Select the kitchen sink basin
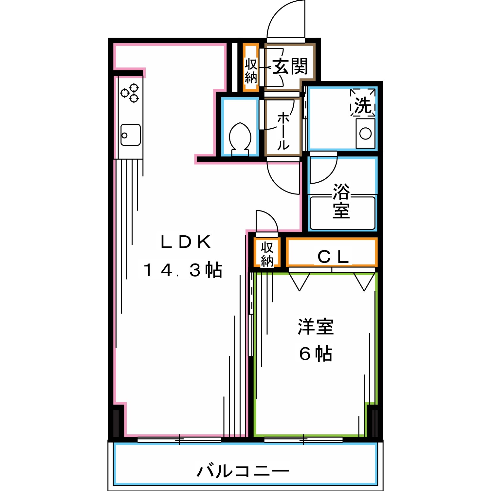pos(130,135)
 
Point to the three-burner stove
pos(130,93)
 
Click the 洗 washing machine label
pos(363,106)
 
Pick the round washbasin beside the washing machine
pos(365,133)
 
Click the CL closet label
pos(333,257)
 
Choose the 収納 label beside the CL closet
pos(267,254)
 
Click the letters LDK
pos(186,242)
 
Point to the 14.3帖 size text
pos(183,270)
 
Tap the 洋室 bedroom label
pos(316,327)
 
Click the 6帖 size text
pos(316,354)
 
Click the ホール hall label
pos(283,131)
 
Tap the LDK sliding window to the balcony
pos(179,440)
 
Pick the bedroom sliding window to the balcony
pos(303,440)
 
